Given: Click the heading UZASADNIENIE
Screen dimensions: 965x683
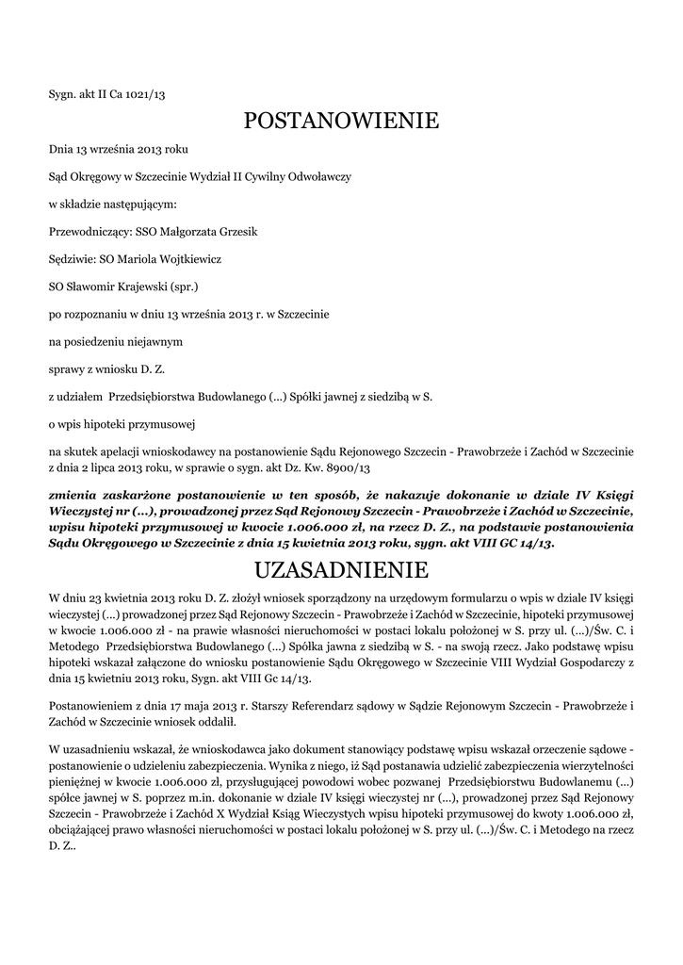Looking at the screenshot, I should coord(341,570).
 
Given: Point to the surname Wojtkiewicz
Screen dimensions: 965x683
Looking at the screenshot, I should coord(186,257).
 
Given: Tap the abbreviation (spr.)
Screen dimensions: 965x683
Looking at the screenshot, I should coord(183,284).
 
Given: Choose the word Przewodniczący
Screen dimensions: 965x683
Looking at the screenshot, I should coord(88,231).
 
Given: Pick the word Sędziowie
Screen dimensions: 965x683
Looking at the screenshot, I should coord(72,257).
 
